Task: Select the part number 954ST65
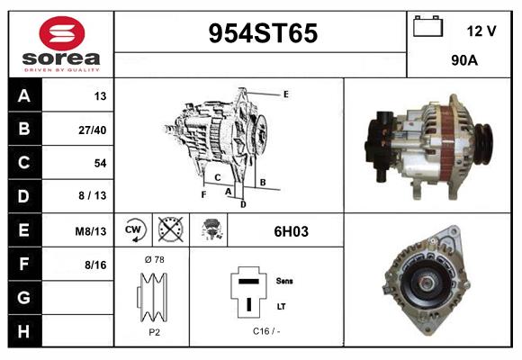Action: tap(263, 33)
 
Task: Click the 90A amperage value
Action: tap(464, 63)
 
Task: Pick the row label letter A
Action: tap(23, 96)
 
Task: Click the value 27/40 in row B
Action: tap(93, 130)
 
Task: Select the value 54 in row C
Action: tap(99, 163)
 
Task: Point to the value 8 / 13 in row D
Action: tap(93, 196)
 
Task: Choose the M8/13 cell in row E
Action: tap(91, 231)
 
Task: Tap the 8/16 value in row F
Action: tap(94, 265)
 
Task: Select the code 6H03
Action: tap(291, 231)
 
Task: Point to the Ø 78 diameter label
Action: tap(153, 259)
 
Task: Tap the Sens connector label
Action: tap(283, 281)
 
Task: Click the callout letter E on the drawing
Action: tap(285, 94)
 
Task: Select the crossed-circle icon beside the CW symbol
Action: tap(167, 229)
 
